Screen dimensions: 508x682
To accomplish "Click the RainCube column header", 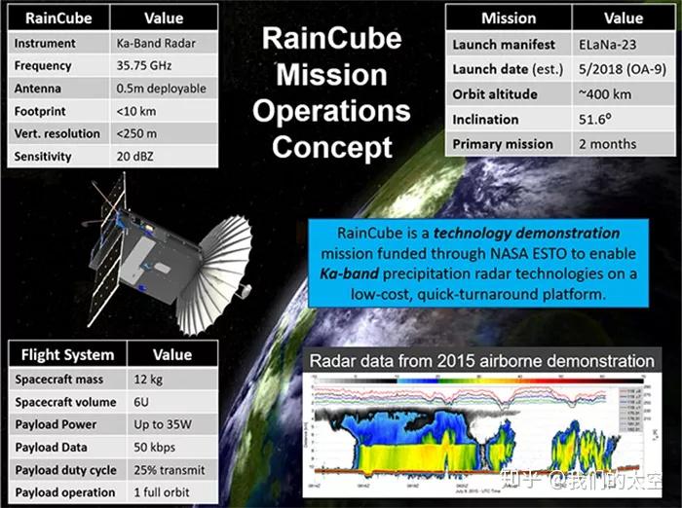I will coord(58,18).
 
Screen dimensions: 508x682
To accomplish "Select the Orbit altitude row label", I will coord(496,94).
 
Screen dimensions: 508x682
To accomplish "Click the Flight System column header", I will coord(67,354).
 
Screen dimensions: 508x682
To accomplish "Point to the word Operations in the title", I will coord(331,109).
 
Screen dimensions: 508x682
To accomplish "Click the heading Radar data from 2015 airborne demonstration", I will coord(481,361).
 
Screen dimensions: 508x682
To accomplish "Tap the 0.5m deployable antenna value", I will coord(166,89).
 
